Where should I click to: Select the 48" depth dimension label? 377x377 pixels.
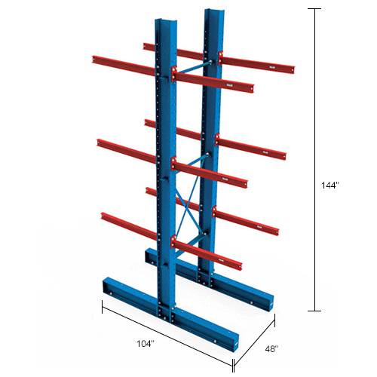272,349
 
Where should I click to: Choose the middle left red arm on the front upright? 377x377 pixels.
128,148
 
